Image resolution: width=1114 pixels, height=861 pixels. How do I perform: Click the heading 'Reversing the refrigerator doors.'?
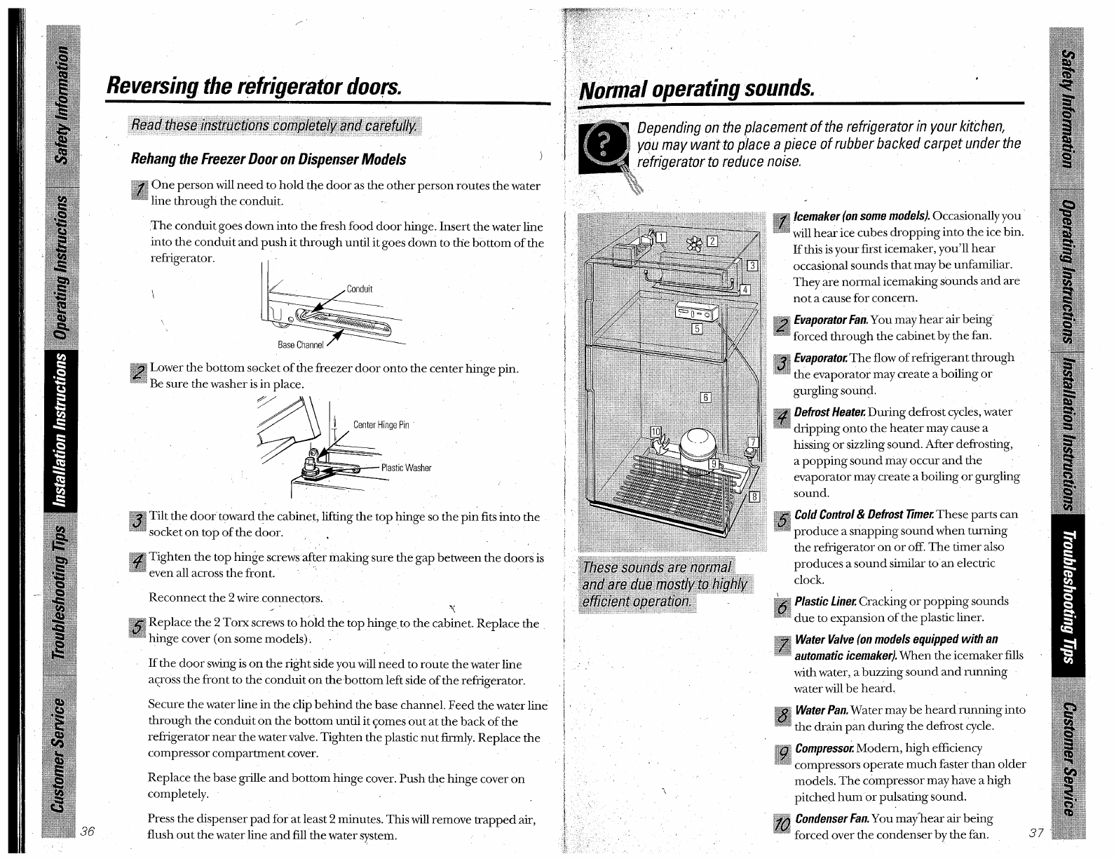[254, 86]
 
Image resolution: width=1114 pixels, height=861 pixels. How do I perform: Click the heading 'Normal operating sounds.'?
[697, 90]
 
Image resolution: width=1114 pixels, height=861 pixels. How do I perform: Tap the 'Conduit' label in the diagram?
[360, 289]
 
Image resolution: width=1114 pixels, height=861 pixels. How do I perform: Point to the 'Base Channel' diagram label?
[301, 345]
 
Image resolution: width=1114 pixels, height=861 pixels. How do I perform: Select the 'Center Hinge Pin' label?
[381, 425]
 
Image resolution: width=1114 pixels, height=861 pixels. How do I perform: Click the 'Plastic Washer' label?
[406, 468]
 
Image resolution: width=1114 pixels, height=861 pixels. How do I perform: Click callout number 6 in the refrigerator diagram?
[706, 398]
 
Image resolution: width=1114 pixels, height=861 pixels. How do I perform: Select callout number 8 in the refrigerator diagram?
[754, 497]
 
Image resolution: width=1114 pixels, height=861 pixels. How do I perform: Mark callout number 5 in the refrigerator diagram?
[697, 330]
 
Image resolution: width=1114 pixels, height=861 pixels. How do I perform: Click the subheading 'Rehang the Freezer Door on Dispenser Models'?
[269, 159]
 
